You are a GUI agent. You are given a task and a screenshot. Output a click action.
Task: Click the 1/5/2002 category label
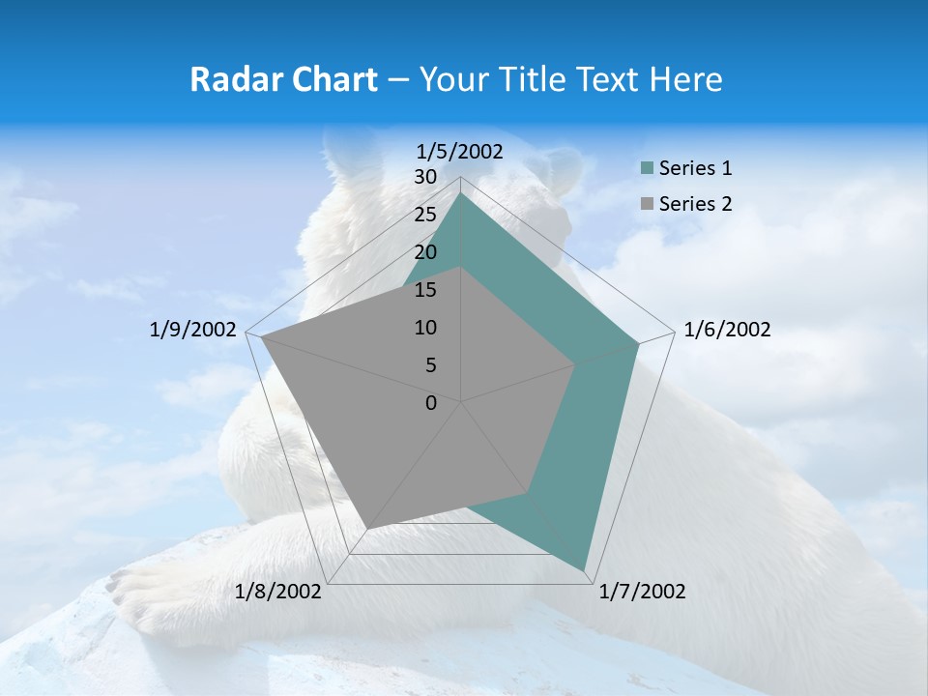460,152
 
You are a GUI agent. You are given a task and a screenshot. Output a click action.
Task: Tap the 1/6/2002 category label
727,330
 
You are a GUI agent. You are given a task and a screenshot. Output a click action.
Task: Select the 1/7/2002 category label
642,592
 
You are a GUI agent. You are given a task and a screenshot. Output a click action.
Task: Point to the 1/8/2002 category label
278,592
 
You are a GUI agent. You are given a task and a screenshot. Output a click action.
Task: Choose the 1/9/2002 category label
193,330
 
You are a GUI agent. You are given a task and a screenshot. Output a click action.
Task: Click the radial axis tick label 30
425,177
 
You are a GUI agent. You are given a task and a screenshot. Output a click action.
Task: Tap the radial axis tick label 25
425,215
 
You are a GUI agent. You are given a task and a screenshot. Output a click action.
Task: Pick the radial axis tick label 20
425,252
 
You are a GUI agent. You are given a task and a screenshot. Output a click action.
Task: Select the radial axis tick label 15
425,290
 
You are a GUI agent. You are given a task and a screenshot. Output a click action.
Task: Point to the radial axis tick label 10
425,328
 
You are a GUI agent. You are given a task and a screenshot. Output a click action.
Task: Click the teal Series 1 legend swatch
647,169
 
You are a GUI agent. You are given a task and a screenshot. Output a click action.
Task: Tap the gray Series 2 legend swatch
647,204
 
